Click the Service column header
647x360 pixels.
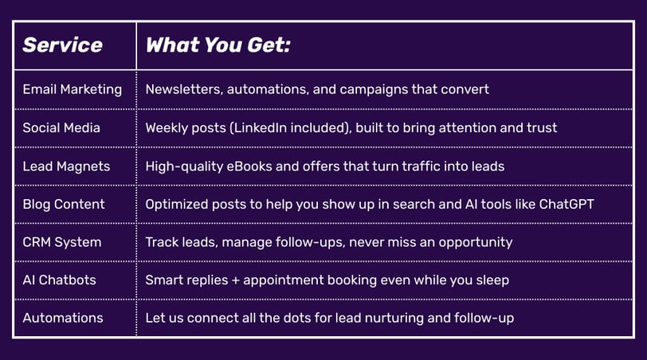click(x=62, y=45)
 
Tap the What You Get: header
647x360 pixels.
click(x=218, y=45)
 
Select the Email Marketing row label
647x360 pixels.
click(x=73, y=89)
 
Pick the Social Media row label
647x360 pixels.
click(x=61, y=128)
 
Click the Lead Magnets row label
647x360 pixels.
click(x=66, y=166)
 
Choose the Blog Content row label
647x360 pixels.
click(x=64, y=205)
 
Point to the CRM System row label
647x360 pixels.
click(x=62, y=242)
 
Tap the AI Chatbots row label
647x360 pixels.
click(x=60, y=280)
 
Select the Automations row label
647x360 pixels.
click(x=63, y=318)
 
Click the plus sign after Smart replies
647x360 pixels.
click(x=236, y=280)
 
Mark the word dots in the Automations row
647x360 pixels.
click(x=292, y=318)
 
